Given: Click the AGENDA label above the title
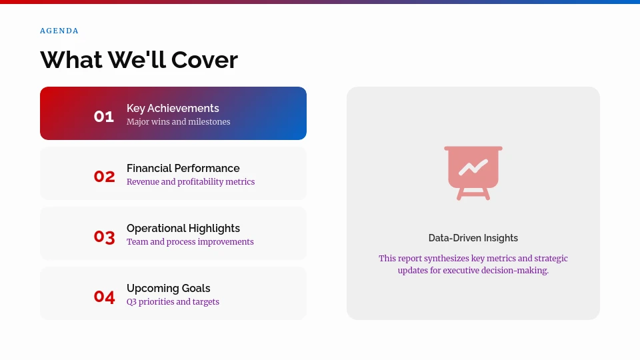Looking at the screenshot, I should [59, 31].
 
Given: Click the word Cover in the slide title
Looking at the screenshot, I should [204, 60].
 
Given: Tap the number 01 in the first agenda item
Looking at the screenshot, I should [104, 117].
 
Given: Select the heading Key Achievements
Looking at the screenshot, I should [173, 108].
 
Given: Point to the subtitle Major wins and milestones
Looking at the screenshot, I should [178, 122].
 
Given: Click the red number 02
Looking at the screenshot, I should [104, 177].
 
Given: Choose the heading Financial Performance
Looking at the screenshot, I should [183, 168].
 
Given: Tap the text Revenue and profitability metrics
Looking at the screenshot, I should [191, 182].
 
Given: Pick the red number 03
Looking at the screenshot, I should [104, 237].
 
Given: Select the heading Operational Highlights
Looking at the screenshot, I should [183, 228].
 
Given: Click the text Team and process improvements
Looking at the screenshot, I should [190, 242].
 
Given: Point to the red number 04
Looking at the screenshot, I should [104, 297].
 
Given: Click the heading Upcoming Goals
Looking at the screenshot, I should [168, 288].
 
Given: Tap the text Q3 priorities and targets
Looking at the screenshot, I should [173, 302].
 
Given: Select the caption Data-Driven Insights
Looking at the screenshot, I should [473, 238].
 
